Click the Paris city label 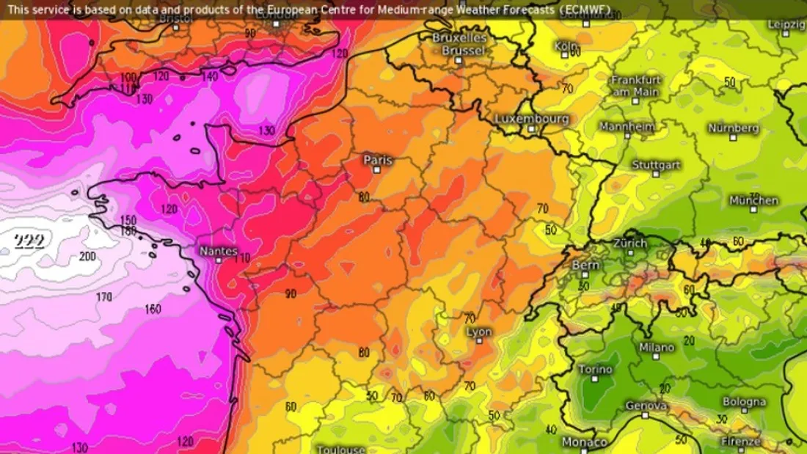click(378, 160)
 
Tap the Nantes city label click(218, 252)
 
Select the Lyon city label click(479, 332)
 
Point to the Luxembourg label click(532, 118)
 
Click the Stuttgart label click(656, 165)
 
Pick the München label click(753, 200)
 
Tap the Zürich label click(630, 243)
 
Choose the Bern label click(585, 265)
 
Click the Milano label click(657, 347)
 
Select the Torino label click(596, 369)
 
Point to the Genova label click(646, 406)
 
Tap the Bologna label click(744, 402)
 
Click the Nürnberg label click(734, 128)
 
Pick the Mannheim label click(627, 126)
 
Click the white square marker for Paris click(377, 169)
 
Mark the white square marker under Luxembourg click(531, 128)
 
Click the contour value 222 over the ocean click(29, 241)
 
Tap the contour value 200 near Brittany click(87, 257)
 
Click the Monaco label click(584, 442)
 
